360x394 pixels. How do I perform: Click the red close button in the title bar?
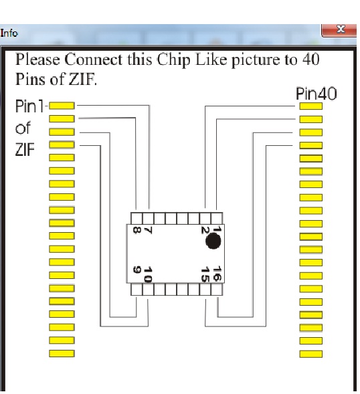[x=339, y=31]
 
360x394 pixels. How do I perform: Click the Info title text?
[x=9, y=33]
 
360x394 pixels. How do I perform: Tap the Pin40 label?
[x=316, y=94]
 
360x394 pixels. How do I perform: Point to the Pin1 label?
[x=29, y=106]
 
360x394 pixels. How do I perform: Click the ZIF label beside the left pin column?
[x=25, y=150]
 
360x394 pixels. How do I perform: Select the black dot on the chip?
[x=213, y=241]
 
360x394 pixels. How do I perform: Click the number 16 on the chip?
[x=217, y=274]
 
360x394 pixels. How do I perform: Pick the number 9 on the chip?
[x=137, y=270]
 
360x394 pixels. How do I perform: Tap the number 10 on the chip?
[x=148, y=274]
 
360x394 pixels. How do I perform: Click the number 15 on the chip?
[x=205, y=274]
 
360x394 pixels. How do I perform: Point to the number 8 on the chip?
[x=137, y=230]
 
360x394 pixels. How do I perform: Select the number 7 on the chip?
[x=149, y=230]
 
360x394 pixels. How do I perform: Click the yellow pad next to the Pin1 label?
[x=62, y=106]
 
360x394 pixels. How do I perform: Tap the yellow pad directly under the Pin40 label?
[x=310, y=106]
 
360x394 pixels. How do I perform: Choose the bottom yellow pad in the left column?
[x=62, y=353]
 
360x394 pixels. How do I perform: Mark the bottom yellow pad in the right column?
[x=310, y=354]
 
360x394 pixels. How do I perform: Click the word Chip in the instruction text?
[x=173, y=60]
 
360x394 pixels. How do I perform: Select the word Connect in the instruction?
[x=94, y=60]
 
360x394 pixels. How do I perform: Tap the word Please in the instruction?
[x=37, y=60]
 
